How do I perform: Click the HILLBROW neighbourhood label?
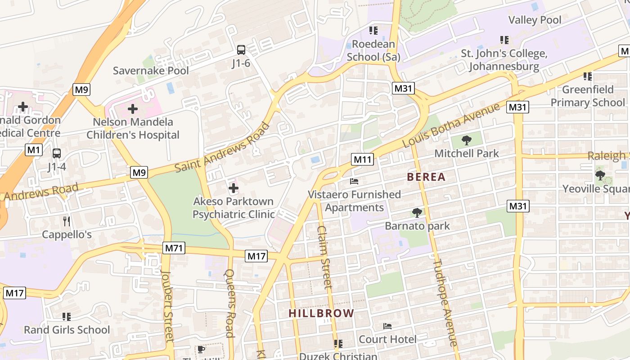(321, 313)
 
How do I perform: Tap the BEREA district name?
(426, 177)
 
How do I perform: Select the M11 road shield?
(362, 159)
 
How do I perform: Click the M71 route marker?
(174, 248)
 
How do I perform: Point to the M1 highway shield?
(33, 150)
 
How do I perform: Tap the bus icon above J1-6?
(241, 50)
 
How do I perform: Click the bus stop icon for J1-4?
(57, 153)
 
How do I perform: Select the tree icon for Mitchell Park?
(467, 140)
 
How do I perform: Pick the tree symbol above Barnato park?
(417, 212)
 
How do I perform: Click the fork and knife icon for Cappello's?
(67, 221)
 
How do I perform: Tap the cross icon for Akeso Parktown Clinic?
(234, 188)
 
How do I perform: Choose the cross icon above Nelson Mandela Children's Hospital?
(133, 108)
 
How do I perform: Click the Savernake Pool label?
(151, 71)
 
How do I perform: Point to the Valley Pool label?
(535, 20)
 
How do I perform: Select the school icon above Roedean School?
(373, 31)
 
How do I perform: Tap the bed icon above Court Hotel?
(387, 326)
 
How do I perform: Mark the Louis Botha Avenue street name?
(451, 125)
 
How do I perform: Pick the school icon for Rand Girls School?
(67, 317)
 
